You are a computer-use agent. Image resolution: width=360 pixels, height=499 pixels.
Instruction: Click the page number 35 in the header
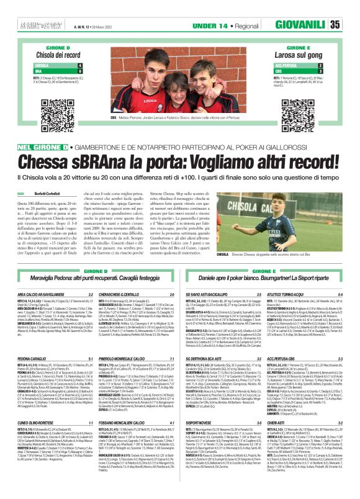(x=351, y=25)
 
